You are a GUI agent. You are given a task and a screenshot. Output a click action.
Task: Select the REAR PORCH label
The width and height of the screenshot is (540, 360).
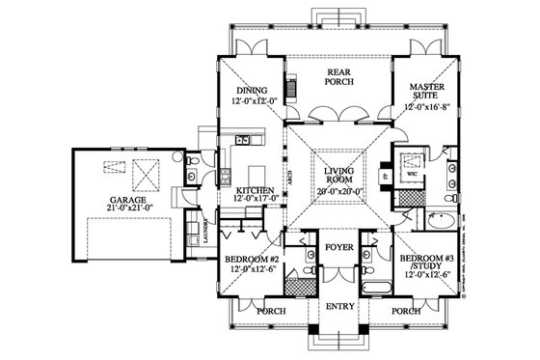point(337,75)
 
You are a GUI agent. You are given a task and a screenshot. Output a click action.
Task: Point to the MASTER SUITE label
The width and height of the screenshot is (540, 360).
point(425,91)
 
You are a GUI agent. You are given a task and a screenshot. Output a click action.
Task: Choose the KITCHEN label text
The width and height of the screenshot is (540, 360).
point(255,191)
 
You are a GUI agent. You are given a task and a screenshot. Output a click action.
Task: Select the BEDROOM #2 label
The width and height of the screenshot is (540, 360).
point(252,260)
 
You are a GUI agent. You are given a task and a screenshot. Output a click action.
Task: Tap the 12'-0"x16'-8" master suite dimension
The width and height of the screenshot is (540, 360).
point(425,108)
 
